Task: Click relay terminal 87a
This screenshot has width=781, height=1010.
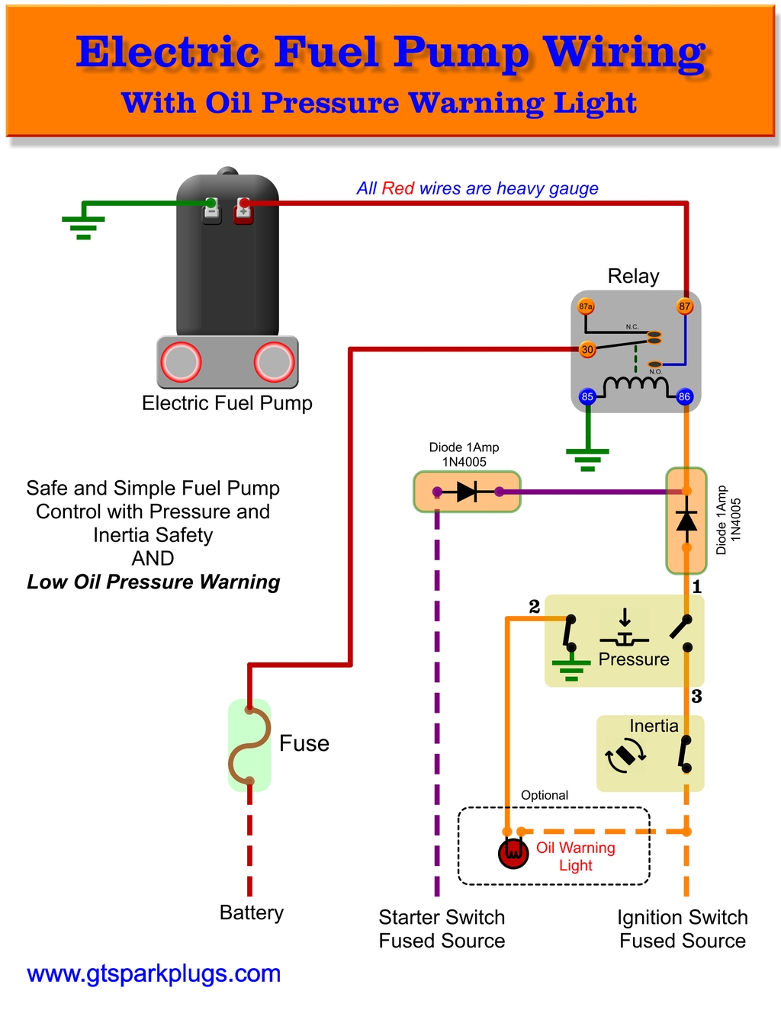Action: tap(586, 306)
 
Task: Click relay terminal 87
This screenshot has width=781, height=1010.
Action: tap(685, 306)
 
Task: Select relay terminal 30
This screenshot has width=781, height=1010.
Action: tap(587, 350)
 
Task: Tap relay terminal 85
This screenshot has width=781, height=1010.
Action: tap(587, 396)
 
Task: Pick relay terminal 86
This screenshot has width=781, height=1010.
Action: tap(684, 396)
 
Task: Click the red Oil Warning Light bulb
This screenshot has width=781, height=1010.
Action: tap(513, 853)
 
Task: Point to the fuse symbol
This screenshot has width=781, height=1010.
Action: tap(249, 745)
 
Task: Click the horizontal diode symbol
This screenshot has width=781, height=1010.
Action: tap(467, 492)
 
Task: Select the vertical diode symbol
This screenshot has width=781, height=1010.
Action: tap(686, 521)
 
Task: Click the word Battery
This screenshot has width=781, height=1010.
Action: tap(251, 912)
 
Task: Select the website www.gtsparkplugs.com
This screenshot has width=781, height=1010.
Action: tap(153, 973)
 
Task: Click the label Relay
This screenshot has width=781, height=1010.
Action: tap(633, 276)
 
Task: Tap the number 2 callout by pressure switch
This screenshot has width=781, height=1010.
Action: tap(534, 606)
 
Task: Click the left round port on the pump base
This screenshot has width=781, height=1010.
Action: tap(181, 362)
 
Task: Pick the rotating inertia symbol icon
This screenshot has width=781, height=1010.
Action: tap(625, 756)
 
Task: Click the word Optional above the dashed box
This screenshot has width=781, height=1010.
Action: tap(544, 795)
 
